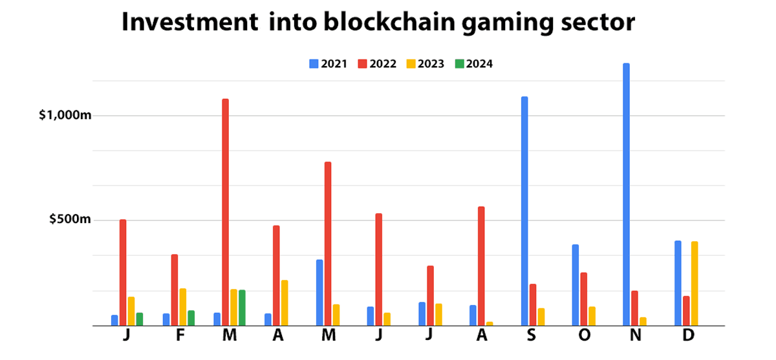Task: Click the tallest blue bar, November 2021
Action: point(626,194)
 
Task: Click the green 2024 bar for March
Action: point(242,308)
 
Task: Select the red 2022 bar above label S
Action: point(533,304)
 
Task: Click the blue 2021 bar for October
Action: point(576,284)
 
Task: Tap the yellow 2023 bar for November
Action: point(643,321)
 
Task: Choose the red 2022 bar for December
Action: point(686,310)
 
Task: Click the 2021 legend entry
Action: point(329,64)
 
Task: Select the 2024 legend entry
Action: point(474,64)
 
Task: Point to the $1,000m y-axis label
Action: point(65,116)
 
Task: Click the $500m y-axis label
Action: point(70,220)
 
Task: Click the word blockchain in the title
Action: point(373,23)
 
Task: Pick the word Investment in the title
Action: point(188,23)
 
